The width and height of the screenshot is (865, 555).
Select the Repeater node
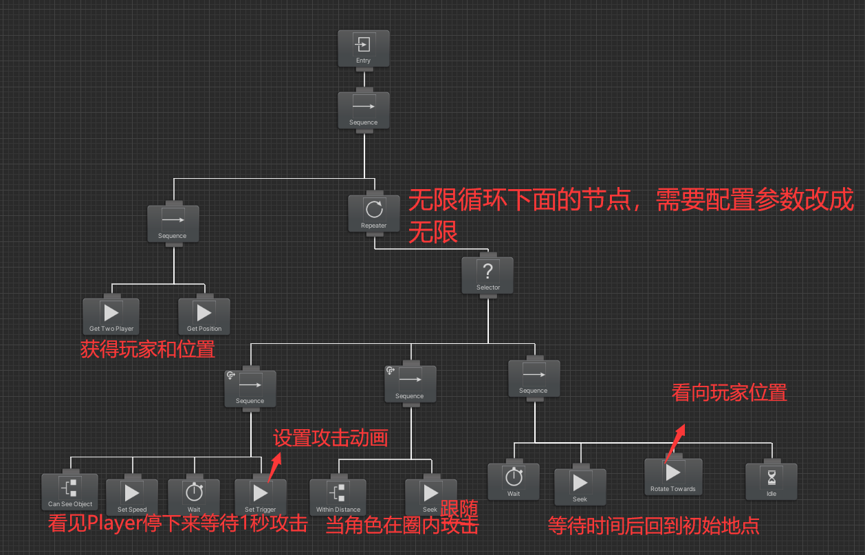(373, 214)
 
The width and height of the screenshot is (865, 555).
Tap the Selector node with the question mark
(488, 276)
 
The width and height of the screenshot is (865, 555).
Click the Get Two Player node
(111, 316)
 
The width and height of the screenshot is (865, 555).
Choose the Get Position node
(204, 316)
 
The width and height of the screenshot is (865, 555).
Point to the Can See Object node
(69, 492)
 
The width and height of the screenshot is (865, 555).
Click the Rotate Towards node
(672, 477)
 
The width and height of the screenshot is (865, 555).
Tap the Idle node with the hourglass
(771, 481)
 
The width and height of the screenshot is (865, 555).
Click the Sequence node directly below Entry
(363, 110)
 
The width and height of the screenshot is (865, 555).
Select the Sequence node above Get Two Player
(173, 224)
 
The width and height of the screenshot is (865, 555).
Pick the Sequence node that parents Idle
(533, 378)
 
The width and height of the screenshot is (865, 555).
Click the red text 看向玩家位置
(729, 393)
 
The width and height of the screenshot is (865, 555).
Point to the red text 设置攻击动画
(331, 437)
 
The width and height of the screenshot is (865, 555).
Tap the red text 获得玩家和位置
(148, 349)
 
